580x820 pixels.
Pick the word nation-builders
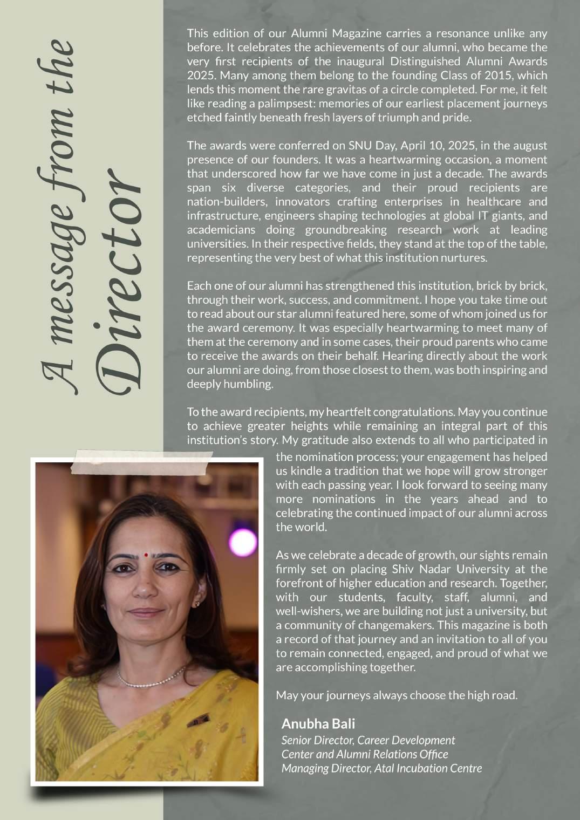(227, 202)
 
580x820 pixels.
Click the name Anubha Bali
(318, 723)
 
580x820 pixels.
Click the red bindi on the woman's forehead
(146, 555)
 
